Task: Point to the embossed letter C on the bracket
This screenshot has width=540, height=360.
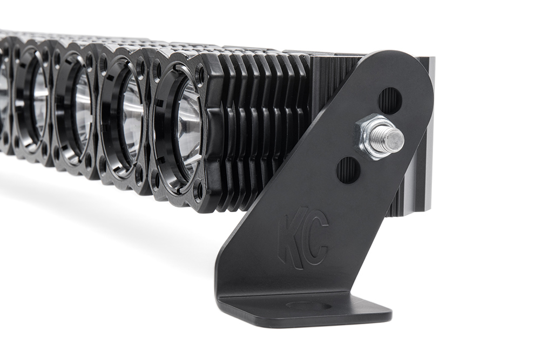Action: (316, 241)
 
